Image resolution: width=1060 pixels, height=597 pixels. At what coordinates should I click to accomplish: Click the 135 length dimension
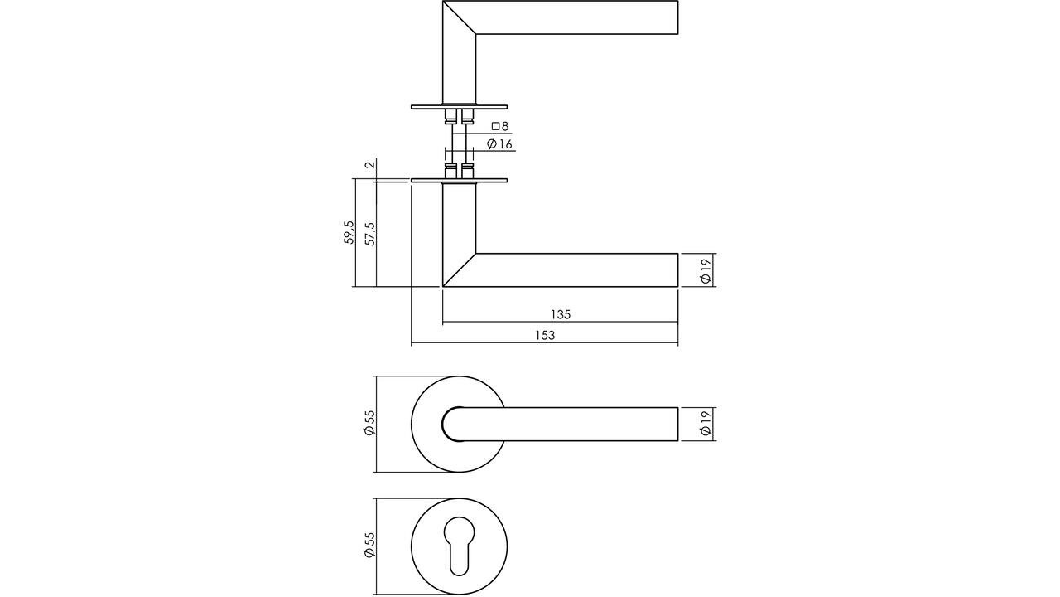[x=561, y=314]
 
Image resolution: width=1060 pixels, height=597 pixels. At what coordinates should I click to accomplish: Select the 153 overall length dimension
[x=544, y=336]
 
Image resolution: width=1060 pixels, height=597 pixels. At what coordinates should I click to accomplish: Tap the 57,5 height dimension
[x=370, y=233]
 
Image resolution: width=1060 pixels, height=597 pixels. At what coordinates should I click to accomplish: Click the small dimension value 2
[x=370, y=163]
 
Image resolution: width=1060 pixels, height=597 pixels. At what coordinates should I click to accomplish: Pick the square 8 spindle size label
[x=499, y=127]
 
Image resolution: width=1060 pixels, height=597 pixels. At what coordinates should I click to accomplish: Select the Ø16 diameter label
[x=500, y=144]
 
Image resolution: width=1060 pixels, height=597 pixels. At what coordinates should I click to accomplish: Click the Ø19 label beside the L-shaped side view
[x=705, y=270]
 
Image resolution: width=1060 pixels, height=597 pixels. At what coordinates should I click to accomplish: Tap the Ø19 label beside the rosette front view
[x=705, y=424]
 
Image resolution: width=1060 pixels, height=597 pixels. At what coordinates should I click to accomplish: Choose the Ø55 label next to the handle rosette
[x=370, y=424]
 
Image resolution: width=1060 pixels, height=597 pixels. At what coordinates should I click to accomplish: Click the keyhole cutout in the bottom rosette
[x=459, y=544]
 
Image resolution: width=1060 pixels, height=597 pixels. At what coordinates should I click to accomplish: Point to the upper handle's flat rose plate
[x=459, y=106]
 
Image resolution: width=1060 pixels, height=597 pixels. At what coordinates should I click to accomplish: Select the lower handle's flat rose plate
[x=459, y=180]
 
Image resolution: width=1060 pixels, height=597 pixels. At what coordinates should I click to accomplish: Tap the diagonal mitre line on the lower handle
[x=460, y=269]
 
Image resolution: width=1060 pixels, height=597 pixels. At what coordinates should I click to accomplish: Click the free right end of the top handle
[x=677, y=17]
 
